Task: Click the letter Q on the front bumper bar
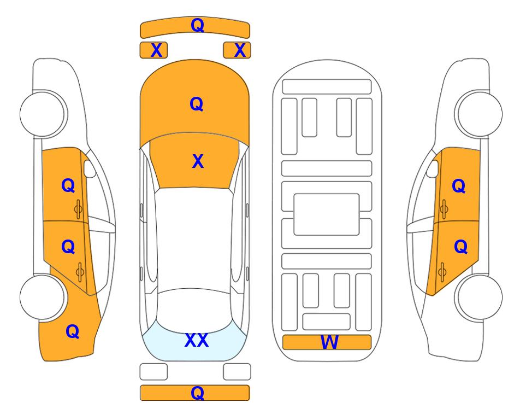pyautogui.click(x=197, y=25)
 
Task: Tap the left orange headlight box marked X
pyautogui.click(x=153, y=50)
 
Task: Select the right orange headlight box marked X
pyautogui.click(x=237, y=50)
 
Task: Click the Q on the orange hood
pyautogui.click(x=197, y=104)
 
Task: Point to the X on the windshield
pyautogui.click(x=198, y=161)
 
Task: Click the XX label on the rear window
pyautogui.click(x=197, y=340)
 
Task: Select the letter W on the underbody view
pyautogui.click(x=329, y=342)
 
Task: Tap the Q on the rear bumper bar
pyautogui.click(x=197, y=393)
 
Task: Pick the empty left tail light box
pyautogui.click(x=153, y=372)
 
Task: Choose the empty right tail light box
pyautogui.click(x=237, y=372)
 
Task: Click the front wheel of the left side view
pyautogui.click(x=43, y=114)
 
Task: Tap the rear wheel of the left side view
pyautogui.click(x=43, y=297)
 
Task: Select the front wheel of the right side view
pyautogui.click(x=480, y=114)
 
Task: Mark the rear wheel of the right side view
pyautogui.click(x=480, y=297)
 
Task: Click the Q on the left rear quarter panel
pyautogui.click(x=73, y=331)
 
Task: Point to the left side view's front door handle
pyautogui.click(x=78, y=209)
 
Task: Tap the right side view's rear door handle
pyautogui.click(x=442, y=272)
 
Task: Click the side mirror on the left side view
pyautogui.click(x=89, y=168)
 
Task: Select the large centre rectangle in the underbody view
pyautogui.click(x=327, y=214)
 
